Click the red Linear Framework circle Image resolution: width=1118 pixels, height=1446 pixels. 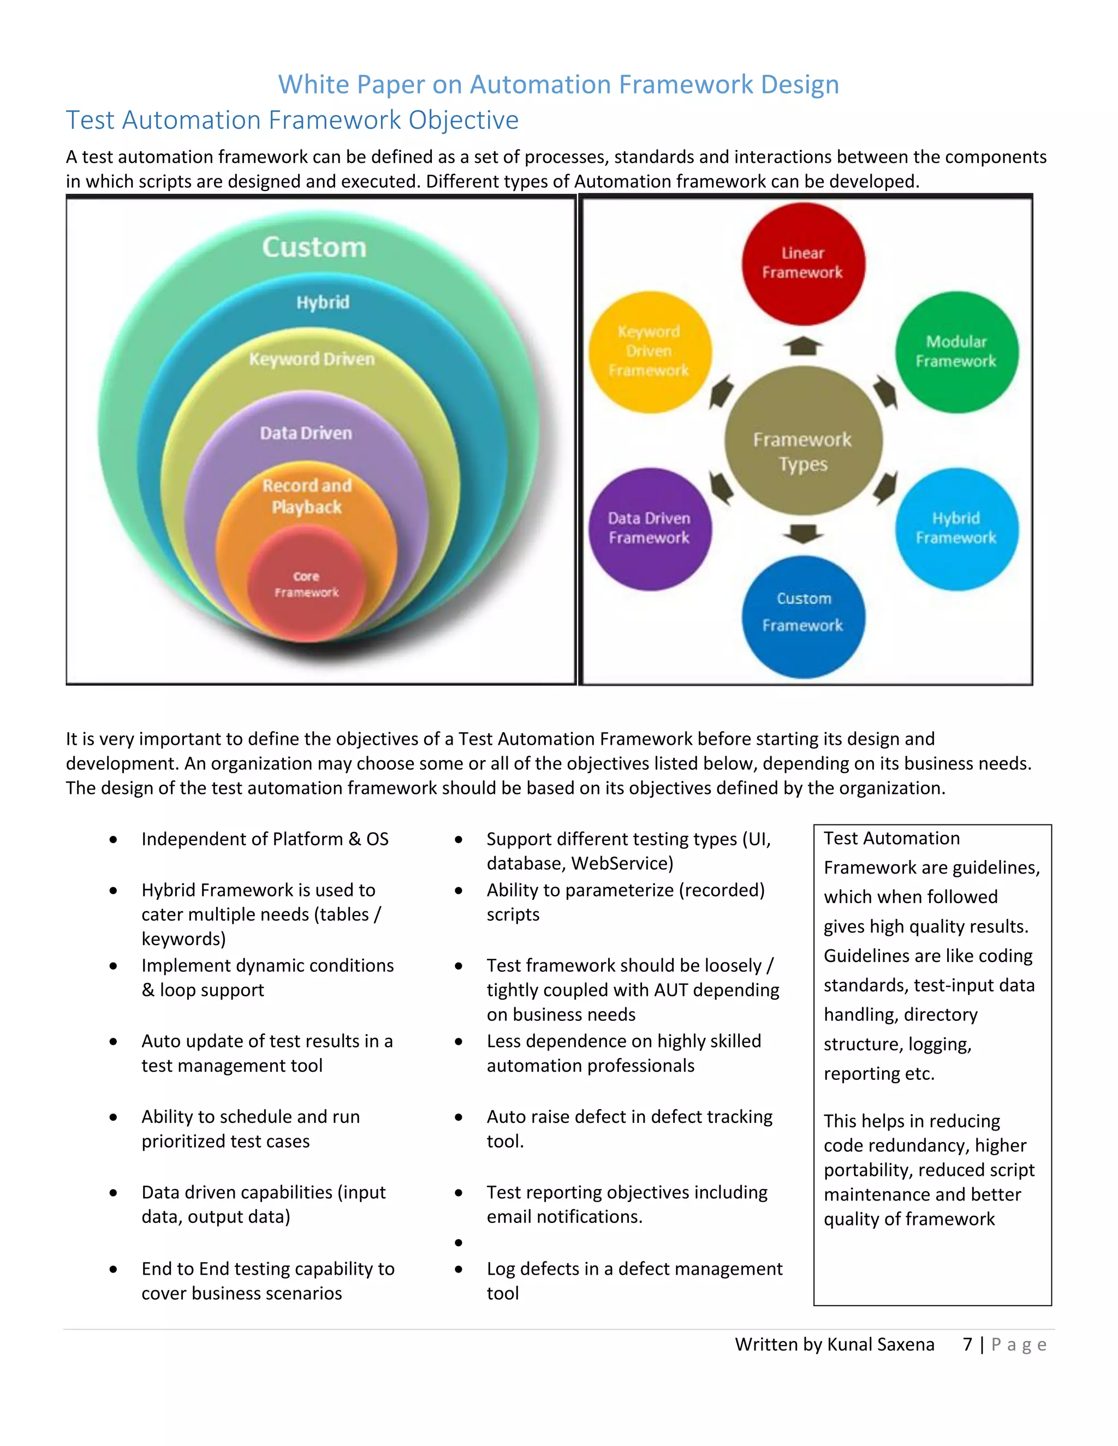[x=802, y=264]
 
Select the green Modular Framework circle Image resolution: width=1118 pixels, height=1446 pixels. [x=956, y=351]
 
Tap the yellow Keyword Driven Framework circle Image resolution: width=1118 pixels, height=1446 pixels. [x=650, y=351]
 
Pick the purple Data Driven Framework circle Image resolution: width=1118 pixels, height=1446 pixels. [x=649, y=528]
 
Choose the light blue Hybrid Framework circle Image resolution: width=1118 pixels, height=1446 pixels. [x=956, y=528]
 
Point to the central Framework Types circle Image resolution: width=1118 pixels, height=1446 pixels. [x=802, y=441]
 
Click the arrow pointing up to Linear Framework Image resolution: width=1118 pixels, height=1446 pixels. [x=802, y=345]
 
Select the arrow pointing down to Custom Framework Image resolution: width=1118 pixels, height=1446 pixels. [x=802, y=533]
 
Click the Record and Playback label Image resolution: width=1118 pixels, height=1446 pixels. [x=307, y=496]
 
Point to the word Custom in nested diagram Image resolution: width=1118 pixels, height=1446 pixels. [x=314, y=247]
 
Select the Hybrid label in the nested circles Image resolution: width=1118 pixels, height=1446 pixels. [x=323, y=303]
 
